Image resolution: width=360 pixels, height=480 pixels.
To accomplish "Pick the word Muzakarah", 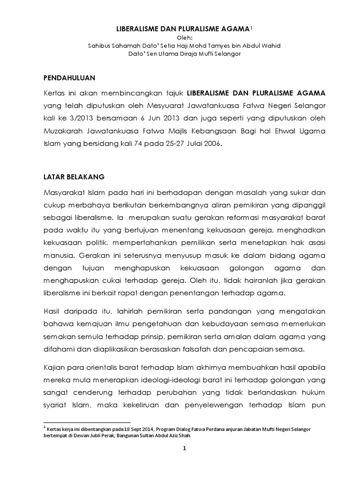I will point(63,132).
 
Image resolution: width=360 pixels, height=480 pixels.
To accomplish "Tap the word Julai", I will point(189,144).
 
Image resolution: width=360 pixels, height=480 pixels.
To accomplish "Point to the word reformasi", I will point(217,218).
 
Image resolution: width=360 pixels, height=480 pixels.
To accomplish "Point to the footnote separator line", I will point(87,422).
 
